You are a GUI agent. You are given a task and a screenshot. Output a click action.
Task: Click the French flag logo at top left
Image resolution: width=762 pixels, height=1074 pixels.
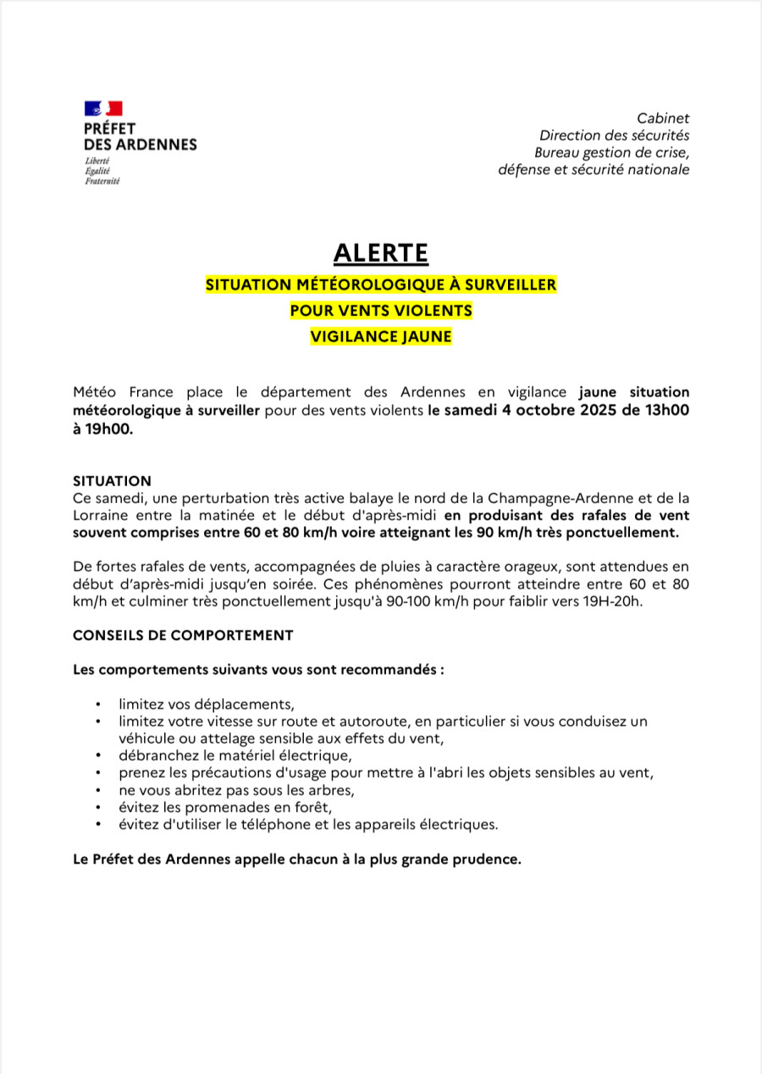click(x=103, y=108)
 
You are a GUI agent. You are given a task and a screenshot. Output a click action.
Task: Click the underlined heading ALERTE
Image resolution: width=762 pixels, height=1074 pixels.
click(x=381, y=253)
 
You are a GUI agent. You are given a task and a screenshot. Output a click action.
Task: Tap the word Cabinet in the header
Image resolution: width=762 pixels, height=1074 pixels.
click(x=663, y=119)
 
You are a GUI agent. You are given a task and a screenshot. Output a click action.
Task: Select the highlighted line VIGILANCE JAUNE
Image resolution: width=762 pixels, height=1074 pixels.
click(x=381, y=336)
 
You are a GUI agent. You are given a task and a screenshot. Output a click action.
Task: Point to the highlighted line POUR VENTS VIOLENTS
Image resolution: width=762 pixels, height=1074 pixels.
click(x=381, y=311)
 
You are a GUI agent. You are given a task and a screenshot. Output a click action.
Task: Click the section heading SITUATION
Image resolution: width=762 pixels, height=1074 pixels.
click(x=112, y=481)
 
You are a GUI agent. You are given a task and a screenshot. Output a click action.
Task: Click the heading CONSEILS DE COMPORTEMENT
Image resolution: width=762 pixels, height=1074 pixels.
click(x=183, y=635)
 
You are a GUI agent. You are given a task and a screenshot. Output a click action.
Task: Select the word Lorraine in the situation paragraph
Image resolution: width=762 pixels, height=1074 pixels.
click(x=102, y=515)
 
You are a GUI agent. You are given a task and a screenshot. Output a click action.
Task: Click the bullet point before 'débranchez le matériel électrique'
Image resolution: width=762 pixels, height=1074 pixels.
click(x=99, y=756)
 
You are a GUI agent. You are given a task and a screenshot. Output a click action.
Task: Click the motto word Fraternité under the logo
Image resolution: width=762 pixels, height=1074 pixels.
click(x=102, y=181)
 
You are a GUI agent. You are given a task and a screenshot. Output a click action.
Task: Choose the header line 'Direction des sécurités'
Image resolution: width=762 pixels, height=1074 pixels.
click(x=615, y=136)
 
